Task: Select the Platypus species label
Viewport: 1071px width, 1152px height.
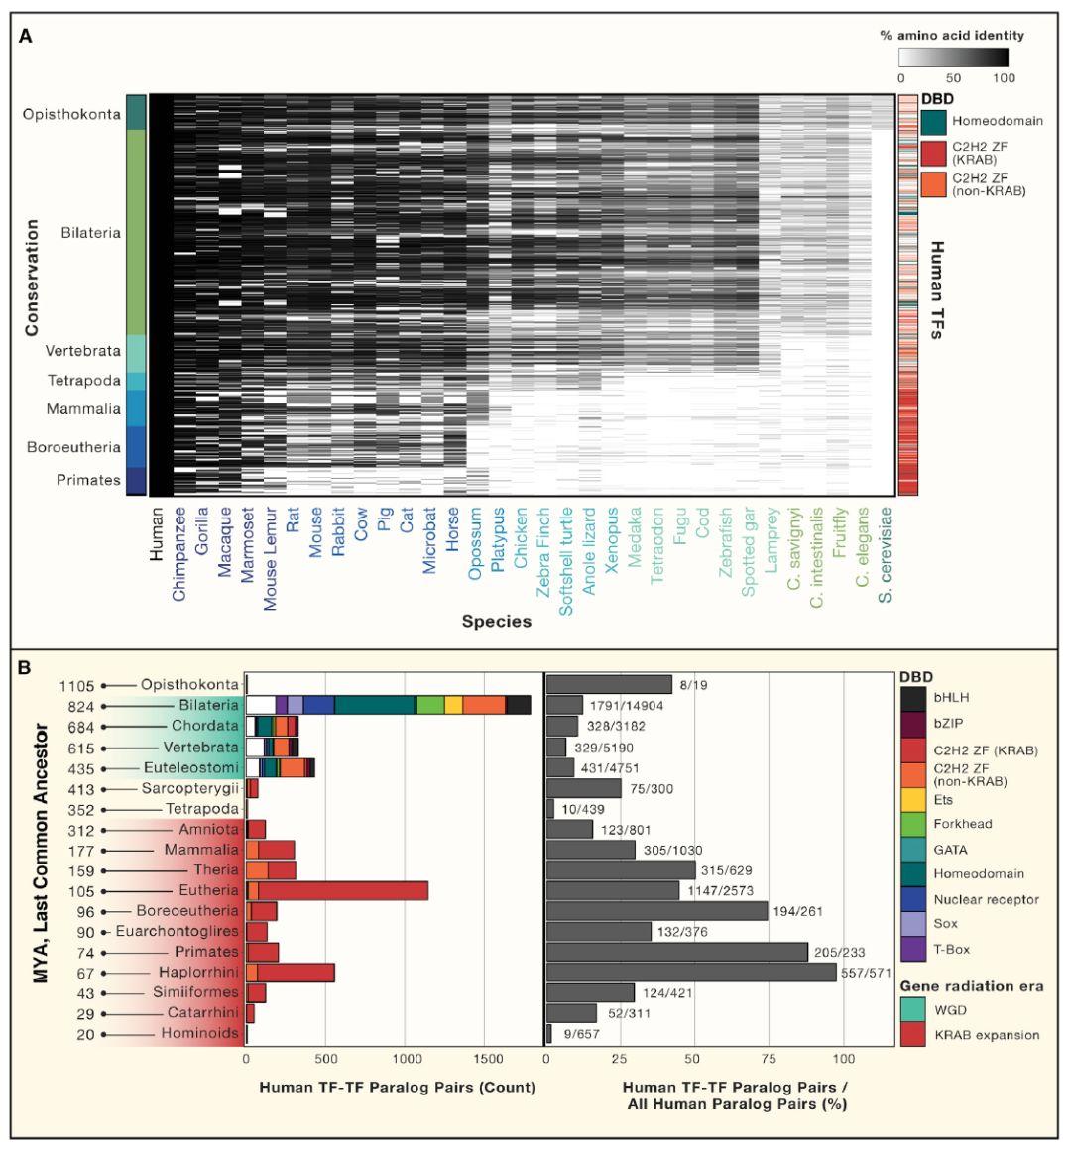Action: pos(499,544)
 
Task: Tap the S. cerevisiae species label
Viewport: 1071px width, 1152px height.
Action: pos(887,555)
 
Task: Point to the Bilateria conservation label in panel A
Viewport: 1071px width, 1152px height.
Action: pos(90,233)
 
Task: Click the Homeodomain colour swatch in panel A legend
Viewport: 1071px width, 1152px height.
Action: pos(933,121)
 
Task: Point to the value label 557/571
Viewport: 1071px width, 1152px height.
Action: pos(868,973)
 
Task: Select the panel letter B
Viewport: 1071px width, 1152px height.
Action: pos(25,667)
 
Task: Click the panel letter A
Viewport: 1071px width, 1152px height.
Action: pos(25,37)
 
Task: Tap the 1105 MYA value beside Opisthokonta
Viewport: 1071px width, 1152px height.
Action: pos(76,685)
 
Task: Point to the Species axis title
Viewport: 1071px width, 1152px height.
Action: pos(496,622)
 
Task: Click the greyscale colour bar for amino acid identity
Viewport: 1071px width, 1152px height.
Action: pos(953,57)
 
